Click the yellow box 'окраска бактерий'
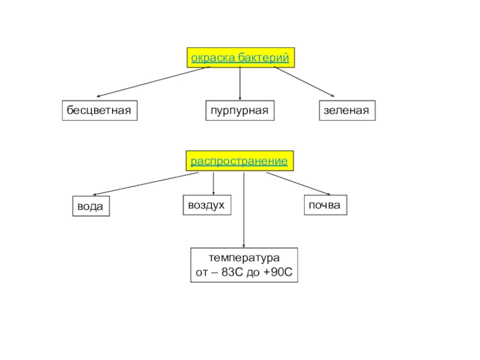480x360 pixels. (240, 58)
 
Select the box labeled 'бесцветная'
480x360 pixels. (99, 111)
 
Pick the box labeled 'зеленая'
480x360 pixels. (346, 111)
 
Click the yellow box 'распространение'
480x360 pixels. (239, 161)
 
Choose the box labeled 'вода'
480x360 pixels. (91, 206)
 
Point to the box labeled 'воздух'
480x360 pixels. (206, 205)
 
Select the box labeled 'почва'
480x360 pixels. (325, 205)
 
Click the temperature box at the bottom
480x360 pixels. (244, 265)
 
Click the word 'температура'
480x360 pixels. (244, 258)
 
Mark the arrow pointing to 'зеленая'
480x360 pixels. (304, 82)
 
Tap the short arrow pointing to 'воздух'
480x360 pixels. (214, 182)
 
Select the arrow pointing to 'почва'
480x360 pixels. (299, 184)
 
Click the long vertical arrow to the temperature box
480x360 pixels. (244, 210)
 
